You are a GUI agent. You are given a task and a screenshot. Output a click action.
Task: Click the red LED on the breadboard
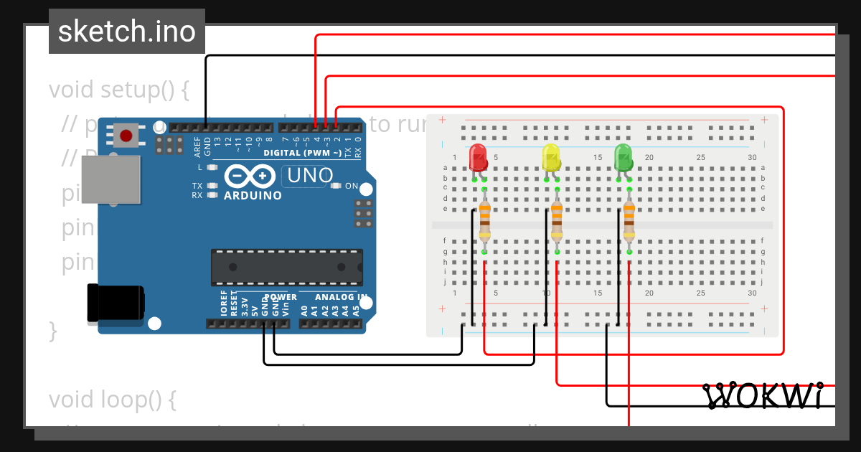coord(477,157)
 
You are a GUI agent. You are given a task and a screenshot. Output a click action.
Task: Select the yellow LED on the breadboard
coord(550,157)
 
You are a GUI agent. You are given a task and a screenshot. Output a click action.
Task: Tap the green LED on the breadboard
coord(623,157)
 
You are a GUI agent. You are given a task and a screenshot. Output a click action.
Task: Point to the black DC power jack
coord(115,302)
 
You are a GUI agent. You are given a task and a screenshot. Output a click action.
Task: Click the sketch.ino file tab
coord(126,32)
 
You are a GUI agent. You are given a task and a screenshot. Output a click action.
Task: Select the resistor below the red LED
coord(484,220)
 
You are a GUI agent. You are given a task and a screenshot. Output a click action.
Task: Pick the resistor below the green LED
coord(629,220)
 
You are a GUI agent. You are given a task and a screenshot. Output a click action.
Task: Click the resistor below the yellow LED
coord(557,220)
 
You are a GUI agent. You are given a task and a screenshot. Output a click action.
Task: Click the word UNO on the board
coord(311,175)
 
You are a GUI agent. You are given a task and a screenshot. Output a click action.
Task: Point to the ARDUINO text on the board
coord(252,195)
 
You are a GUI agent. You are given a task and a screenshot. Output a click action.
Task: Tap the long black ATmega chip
coord(286,266)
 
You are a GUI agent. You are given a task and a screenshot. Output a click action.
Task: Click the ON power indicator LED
coord(336,186)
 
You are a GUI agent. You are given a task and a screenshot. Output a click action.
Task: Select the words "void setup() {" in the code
coord(119,90)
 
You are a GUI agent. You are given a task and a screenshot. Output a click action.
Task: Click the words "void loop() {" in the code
coord(112,399)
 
